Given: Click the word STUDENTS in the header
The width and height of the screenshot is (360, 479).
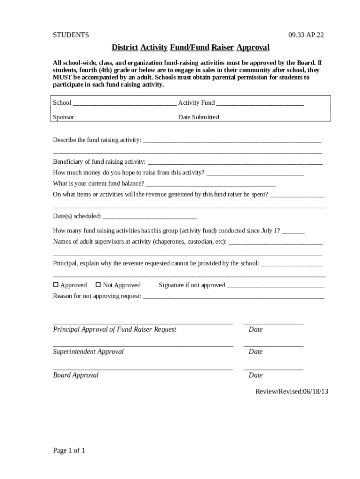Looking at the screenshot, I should click(x=71, y=35).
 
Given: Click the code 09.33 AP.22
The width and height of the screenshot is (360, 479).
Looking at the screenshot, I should click(x=306, y=35).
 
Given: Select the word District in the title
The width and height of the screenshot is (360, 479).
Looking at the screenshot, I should click(x=125, y=48).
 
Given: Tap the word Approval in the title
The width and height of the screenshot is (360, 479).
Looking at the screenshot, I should click(x=253, y=48).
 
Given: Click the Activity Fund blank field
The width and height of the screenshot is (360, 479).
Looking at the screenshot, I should click(x=260, y=103).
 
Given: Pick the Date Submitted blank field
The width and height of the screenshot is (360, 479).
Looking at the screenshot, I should click(x=263, y=118).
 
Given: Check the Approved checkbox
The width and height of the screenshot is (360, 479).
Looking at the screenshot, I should click(x=56, y=285).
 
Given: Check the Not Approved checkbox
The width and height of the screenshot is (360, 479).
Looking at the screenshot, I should click(x=98, y=285).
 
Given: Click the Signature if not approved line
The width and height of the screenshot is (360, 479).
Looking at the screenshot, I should click(x=275, y=286).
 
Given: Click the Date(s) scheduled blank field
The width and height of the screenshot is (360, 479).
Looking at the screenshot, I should click(x=150, y=217).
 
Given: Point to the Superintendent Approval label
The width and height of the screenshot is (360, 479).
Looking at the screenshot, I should click(x=88, y=352).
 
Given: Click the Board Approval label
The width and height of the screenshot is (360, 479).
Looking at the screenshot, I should click(x=76, y=375).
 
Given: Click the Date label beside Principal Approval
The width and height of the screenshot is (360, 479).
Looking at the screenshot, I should click(x=256, y=329).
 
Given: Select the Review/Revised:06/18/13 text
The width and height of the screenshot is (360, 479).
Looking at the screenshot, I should click(x=292, y=392).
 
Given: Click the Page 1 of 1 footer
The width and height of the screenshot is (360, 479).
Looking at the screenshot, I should click(x=69, y=451).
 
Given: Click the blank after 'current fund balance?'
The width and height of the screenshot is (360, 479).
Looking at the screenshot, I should click(x=210, y=184).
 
